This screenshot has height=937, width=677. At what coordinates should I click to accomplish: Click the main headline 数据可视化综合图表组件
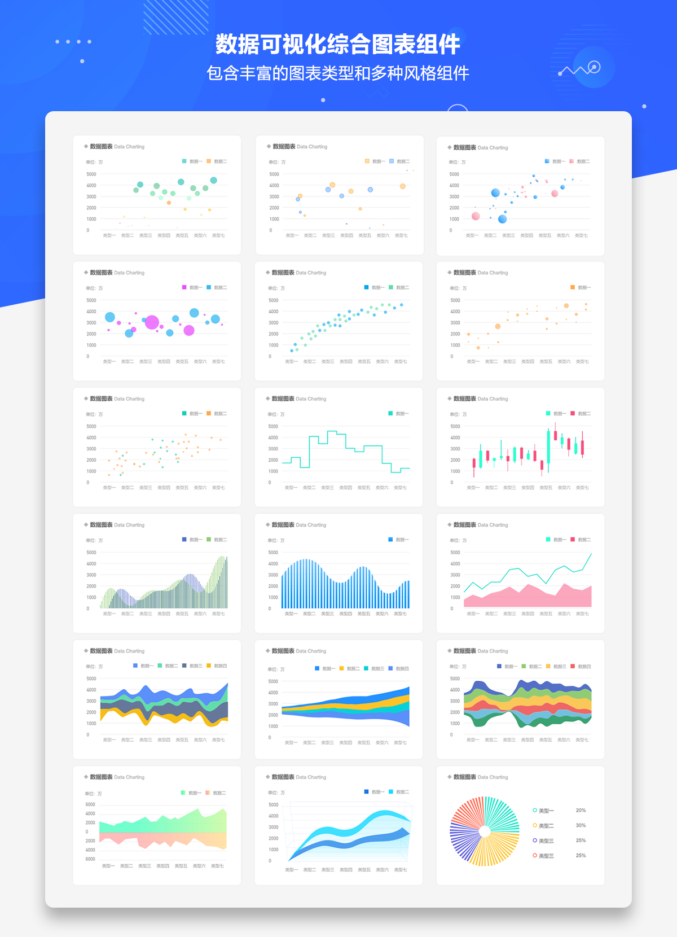[338, 44]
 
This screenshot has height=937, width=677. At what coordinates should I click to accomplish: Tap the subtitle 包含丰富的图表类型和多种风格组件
[338, 73]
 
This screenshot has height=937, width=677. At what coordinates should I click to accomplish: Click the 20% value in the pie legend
[581, 811]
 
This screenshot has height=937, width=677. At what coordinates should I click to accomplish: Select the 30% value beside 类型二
[581, 825]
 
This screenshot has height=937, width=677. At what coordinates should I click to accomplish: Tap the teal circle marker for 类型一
[535, 811]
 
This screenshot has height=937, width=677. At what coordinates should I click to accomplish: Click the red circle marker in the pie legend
[535, 856]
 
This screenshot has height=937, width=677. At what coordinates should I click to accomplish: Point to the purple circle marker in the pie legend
[535, 840]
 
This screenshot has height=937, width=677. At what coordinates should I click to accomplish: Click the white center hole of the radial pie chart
[485, 831]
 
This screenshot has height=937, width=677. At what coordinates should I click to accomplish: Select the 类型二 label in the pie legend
[546, 826]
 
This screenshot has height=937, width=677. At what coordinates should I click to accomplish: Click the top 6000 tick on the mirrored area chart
[90, 804]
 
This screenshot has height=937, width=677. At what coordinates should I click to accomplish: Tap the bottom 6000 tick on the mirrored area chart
[90, 859]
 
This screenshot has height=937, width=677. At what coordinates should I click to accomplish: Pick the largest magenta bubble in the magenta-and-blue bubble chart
[152, 322]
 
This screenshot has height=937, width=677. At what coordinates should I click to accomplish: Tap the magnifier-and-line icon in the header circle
[594, 68]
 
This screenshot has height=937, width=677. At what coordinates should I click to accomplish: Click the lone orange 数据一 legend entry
[581, 288]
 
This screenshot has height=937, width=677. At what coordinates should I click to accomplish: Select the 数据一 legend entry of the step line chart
[398, 414]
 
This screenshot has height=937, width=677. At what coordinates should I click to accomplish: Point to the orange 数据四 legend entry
[217, 666]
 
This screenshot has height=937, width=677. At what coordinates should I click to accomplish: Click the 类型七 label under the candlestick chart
[582, 488]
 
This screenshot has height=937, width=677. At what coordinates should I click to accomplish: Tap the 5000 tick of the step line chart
[273, 427]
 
